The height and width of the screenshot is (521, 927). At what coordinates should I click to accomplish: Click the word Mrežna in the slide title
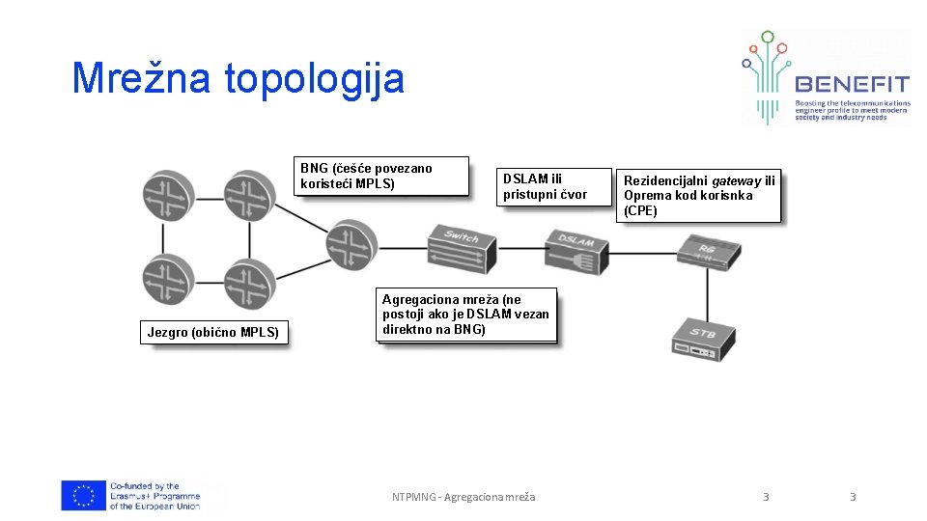tap(140, 78)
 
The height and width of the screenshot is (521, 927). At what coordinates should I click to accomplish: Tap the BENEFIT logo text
tap(852, 83)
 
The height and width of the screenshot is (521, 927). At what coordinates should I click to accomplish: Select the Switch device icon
tap(462, 248)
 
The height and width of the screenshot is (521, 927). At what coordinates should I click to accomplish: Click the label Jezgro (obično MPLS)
tap(213, 333)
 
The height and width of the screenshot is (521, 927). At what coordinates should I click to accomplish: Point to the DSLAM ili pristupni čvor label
tap(545, 186)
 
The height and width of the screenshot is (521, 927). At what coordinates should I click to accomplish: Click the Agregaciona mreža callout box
tap(466, 315)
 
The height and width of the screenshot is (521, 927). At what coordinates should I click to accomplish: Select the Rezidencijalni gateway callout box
tap(698, 195)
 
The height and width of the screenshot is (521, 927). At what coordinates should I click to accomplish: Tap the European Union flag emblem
tap(83, 496)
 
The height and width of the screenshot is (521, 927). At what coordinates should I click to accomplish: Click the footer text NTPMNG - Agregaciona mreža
tap(463, 497)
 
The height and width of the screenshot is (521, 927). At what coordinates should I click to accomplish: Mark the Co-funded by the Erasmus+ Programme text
tap(154, 496)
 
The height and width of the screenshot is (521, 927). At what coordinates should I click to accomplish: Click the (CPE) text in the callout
tap(640, 210)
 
